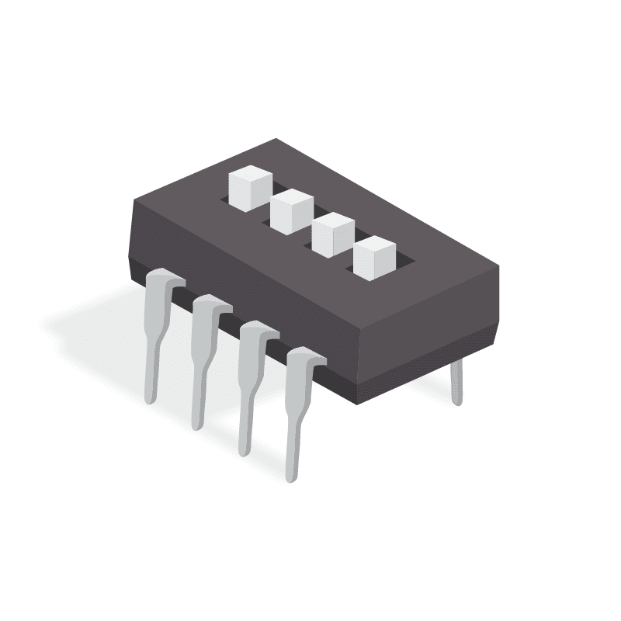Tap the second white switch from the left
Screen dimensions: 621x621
point(292,210)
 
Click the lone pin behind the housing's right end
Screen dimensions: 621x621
point(458,383)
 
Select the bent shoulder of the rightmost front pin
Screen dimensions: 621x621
point(307,359)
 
